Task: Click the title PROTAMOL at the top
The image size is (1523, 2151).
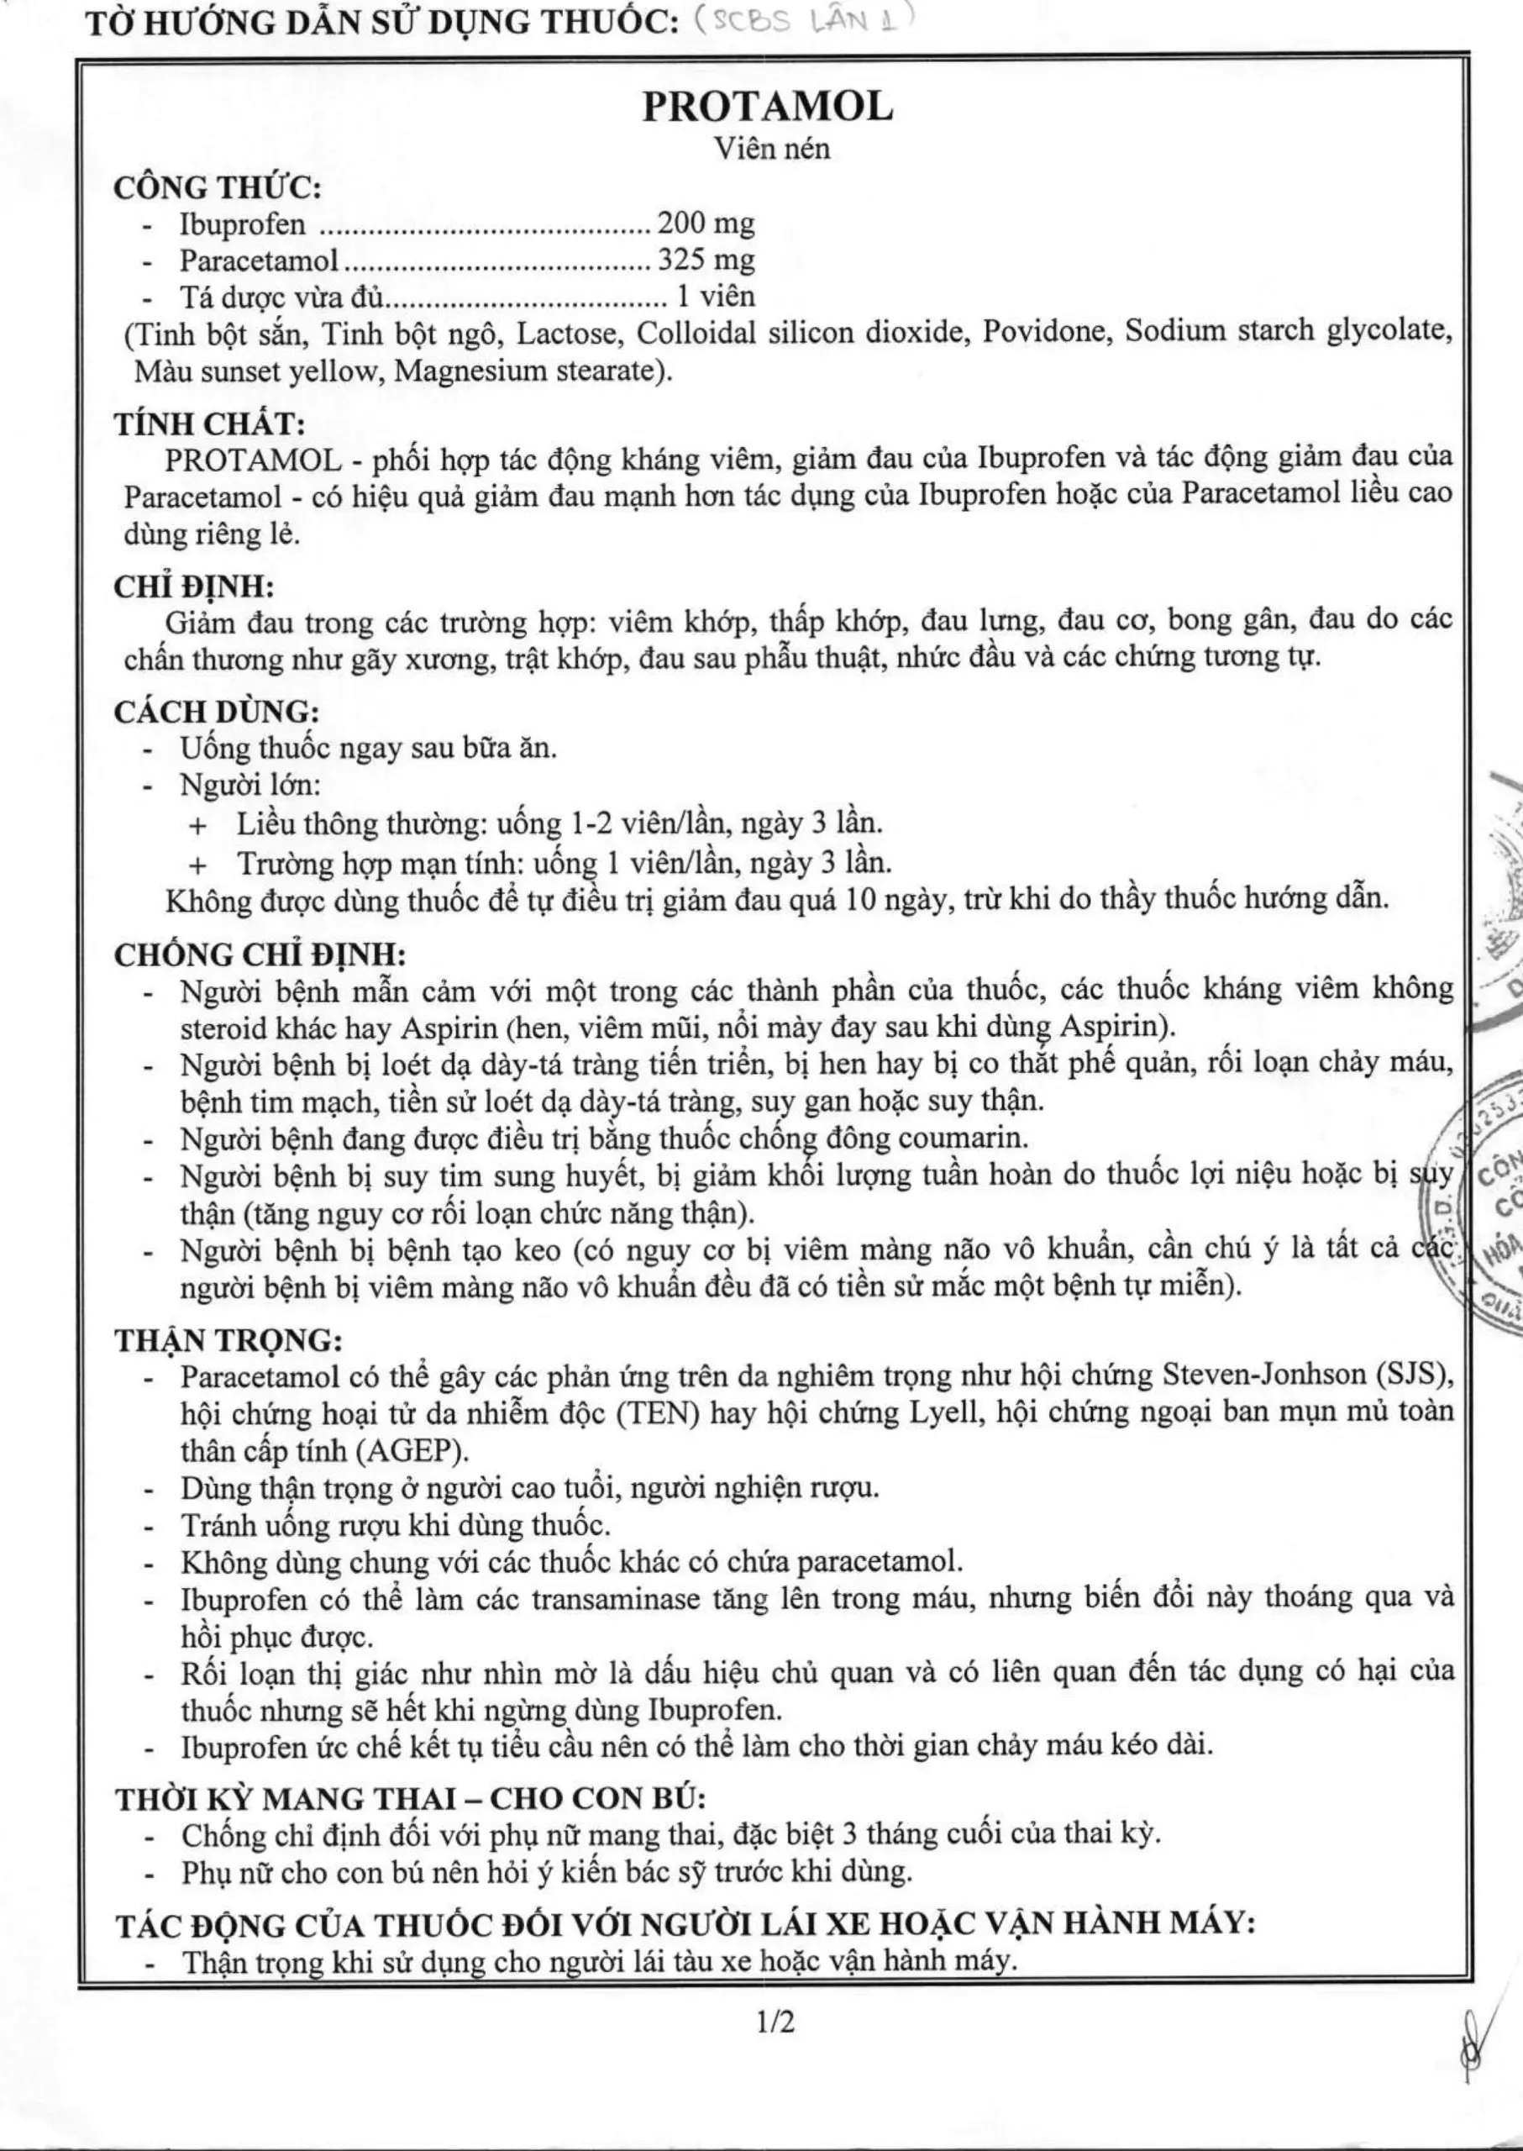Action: click(x=767, y=107)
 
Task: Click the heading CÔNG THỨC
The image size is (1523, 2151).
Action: click(x=218, y=187)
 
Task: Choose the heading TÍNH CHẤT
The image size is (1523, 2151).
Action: click(x=210, y=424)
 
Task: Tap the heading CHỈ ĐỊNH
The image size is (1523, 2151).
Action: click(x=194, y=586)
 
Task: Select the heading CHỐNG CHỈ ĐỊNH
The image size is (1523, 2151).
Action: click(x=260, y=954)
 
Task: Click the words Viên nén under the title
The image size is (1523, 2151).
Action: click(x=772, y=148)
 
